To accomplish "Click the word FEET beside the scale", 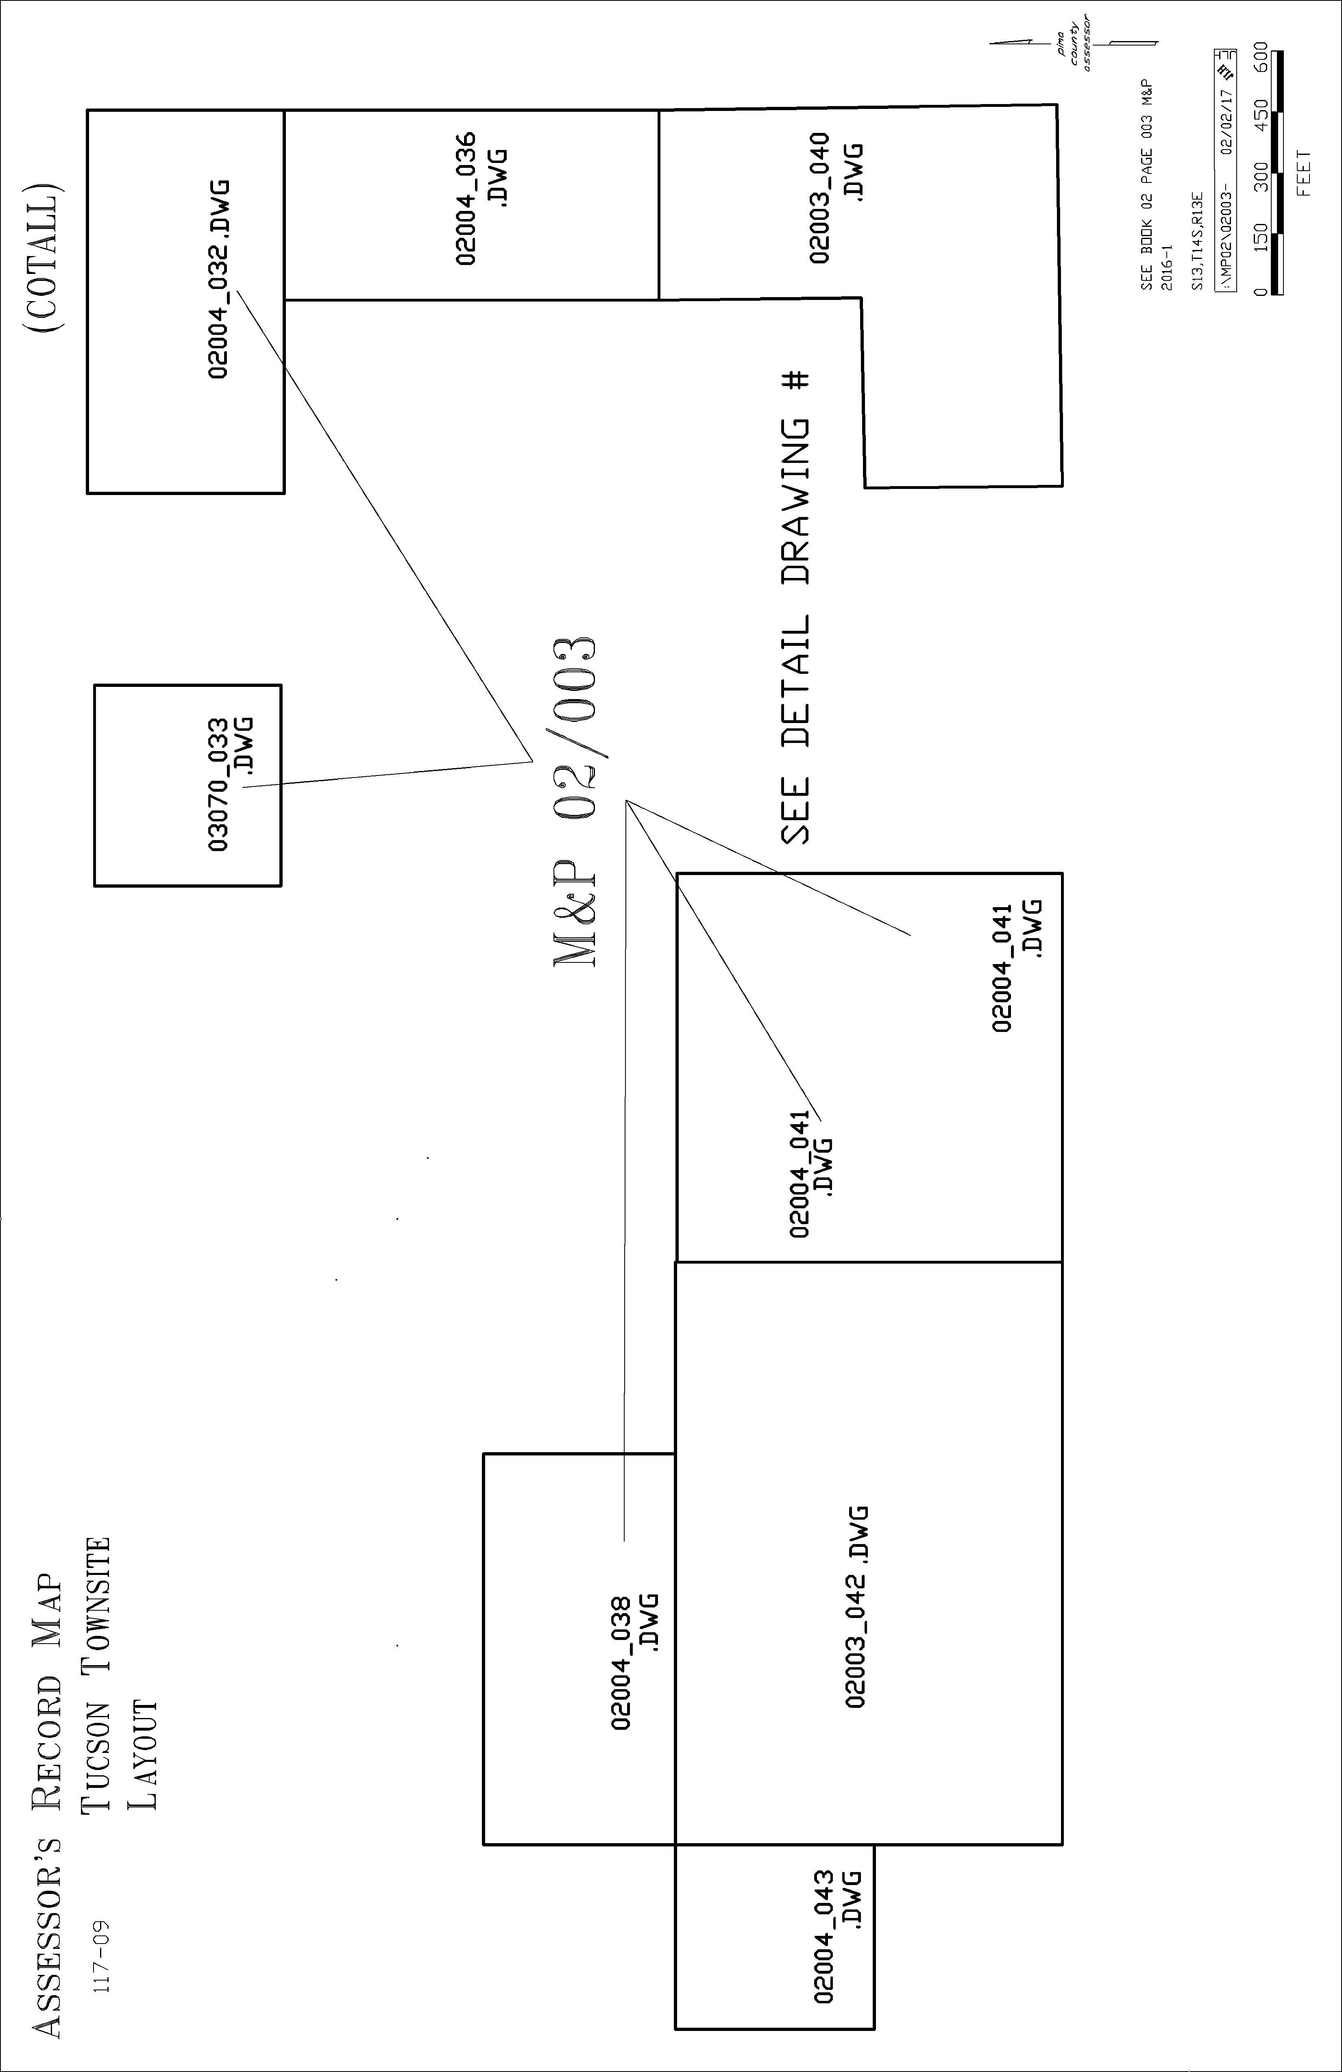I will tap(1304, 173).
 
